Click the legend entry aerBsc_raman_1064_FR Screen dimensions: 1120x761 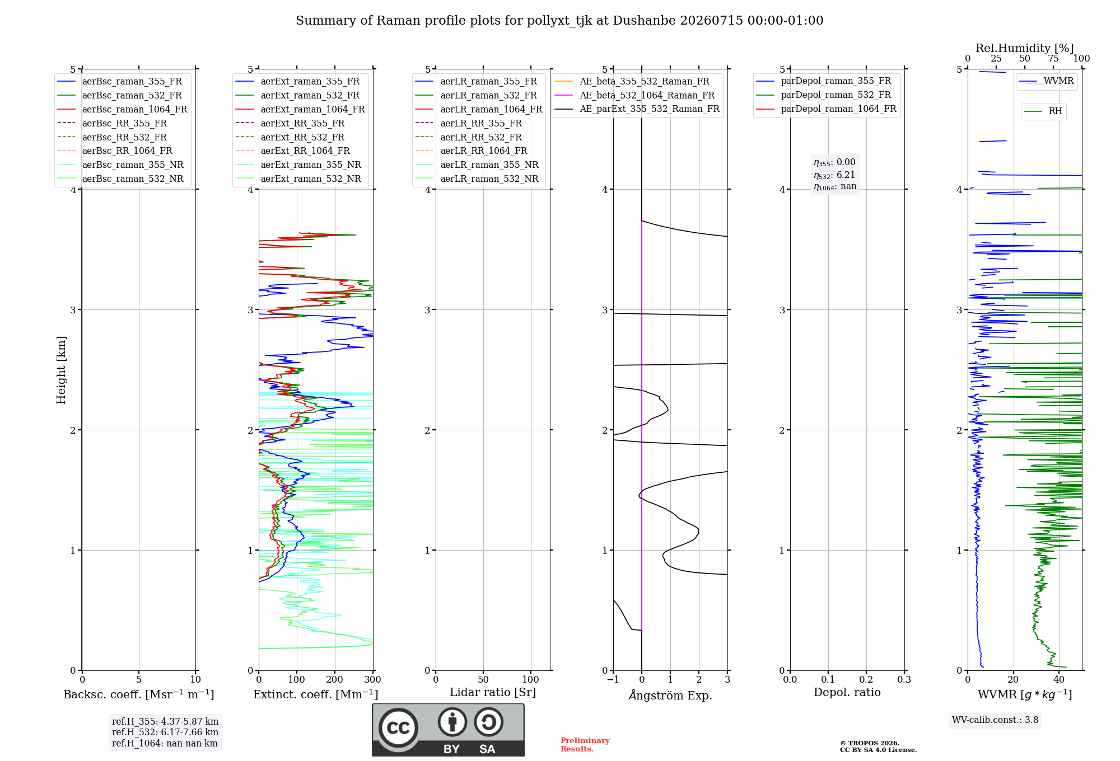[x=122, y=109]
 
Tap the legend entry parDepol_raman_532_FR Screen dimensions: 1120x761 [x=824, y=95]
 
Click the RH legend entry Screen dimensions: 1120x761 [x=1043, y=111]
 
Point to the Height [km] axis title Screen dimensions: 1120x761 [x=61, y=370]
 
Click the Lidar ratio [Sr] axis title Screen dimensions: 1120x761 [x=493, y=692]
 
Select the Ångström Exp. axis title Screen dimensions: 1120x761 [x=670, y=695]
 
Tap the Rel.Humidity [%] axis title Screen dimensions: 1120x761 [x=1025, y=48]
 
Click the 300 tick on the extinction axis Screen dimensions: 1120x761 [x=373, y=679]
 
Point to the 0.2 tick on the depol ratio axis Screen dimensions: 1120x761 [x=866, y=679]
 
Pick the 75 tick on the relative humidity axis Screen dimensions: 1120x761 [x=1053, y=58]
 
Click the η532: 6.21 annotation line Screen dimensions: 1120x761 [x=834, y=175]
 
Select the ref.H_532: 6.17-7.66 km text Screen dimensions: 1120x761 [x=165, y=732]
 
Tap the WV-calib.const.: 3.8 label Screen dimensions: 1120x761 [x=995, y=720]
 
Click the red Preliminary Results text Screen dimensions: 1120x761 [x=585, y=745]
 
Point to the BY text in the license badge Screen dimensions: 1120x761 [x=451, y=749]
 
